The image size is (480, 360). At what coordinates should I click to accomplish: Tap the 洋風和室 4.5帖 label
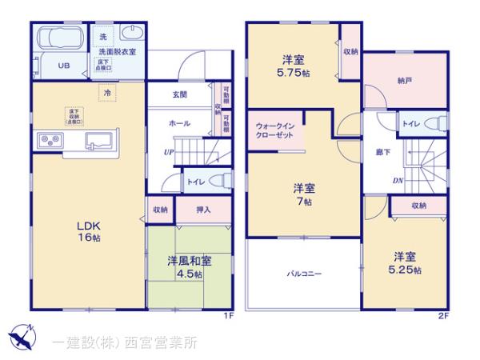coord(189,267)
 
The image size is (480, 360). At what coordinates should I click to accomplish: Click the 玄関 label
coord(179,94)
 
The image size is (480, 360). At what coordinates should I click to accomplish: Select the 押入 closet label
coord(203,210)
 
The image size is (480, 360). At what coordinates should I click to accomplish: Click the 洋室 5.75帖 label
coord(293,66)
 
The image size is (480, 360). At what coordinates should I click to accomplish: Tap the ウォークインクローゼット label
coord(276,131)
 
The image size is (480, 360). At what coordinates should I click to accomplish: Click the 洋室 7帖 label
coord(302,195)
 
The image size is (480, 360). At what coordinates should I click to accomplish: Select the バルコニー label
coord(304,274)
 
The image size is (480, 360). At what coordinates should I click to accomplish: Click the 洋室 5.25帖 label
coord(406,263)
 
